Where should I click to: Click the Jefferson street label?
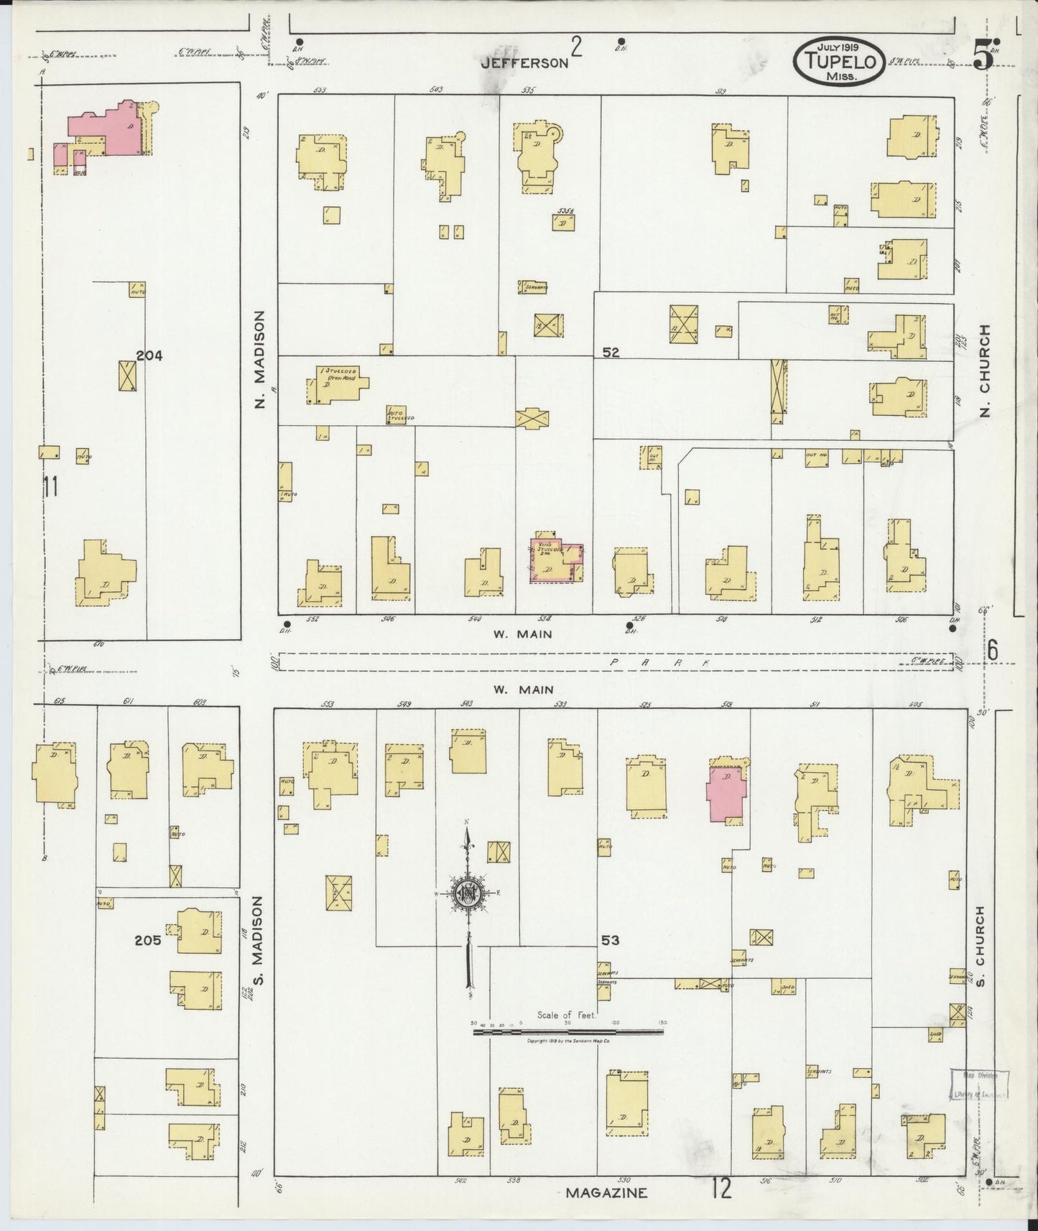coord(524,62)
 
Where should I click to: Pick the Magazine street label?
coord(606,1193)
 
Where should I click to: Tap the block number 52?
coord(611,353)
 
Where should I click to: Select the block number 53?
coord(611,940)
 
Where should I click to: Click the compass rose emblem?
coord(468,893)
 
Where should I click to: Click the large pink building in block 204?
coord(108,133)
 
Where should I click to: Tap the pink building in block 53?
coord(726,793)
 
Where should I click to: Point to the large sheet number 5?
coord(983,59)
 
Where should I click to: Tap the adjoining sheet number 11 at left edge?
coord(50,487)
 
